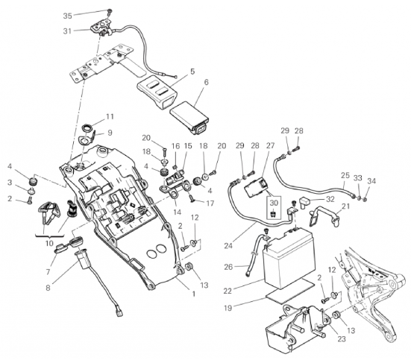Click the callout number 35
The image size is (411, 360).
point(67,16)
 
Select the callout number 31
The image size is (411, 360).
point(67,31)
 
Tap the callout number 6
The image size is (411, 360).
point(207,82)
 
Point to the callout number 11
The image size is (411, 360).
point(110,116)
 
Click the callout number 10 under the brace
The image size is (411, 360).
point(49,243)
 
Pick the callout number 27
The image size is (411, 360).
point(270,145)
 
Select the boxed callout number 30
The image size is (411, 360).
point(274,203)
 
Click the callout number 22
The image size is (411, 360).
point(228,291)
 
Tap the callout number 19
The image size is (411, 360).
point(228,308)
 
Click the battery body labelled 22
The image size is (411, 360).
point(289,258)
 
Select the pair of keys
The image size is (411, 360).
point(49,212)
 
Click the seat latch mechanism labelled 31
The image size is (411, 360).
point(101,30)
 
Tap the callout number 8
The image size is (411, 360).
point(48,288)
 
